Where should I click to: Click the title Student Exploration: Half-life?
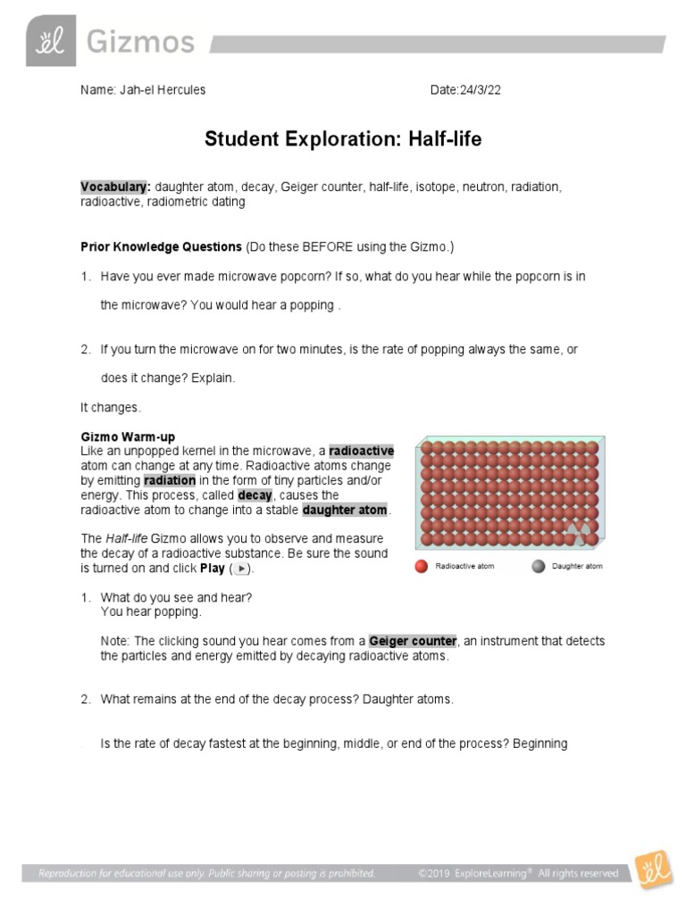(343, 138)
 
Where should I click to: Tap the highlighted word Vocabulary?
(115, 187)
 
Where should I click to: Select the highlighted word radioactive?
(361, 451)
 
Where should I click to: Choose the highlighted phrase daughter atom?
(346, 510)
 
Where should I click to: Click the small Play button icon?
(239, 569)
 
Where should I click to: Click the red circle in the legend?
(421, 566)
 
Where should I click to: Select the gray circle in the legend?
(538, 566)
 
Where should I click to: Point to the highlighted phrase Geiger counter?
(413, 641)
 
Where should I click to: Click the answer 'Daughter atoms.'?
(408, 699)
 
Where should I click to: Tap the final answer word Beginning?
(539, 743)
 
